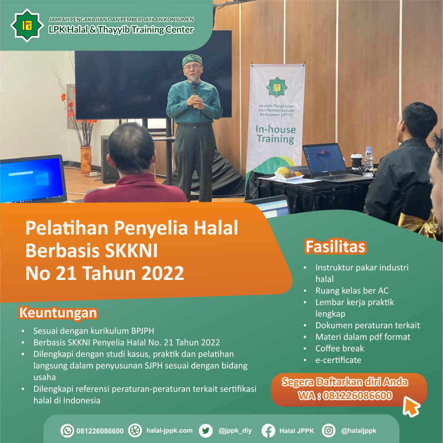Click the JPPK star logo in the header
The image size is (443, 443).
pyautogui.click(x=27, y=26)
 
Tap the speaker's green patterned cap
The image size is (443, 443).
pyautogui.click(x=192, y=60)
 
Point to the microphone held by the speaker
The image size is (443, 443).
pyautogui.click(x=194, y=87)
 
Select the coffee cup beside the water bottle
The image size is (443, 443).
pyautogui.click(x=356, y=161)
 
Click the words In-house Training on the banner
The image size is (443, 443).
pyautogui.click(x=276, y=134)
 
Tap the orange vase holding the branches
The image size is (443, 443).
pyautogui.click(x=86, y=159)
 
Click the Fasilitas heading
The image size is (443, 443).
pyautogui.click(x=336, y=246)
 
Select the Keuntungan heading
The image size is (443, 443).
pyautogui.click(x=58, y=313)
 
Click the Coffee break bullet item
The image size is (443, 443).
pyautogui.click(x=340, y=348)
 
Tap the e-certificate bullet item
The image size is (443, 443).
pyautogui.click(x=338, y=360)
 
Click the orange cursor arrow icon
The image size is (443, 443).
pyautogui.click(x=411, y=406)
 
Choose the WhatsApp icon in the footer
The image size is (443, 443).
pyautogui.click(x=67, y=430)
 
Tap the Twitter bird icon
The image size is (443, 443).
pyautogui.click(x=205, y=430)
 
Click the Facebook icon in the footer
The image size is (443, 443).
pyautogui.click(x=268, y=430)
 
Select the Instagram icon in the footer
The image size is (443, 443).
pyautogui.click(x=329, y=430)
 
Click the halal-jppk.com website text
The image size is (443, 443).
pyautogui.click(x=169, y=430)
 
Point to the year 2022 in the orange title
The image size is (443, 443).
pyautogui.click(x=163, y=273)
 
